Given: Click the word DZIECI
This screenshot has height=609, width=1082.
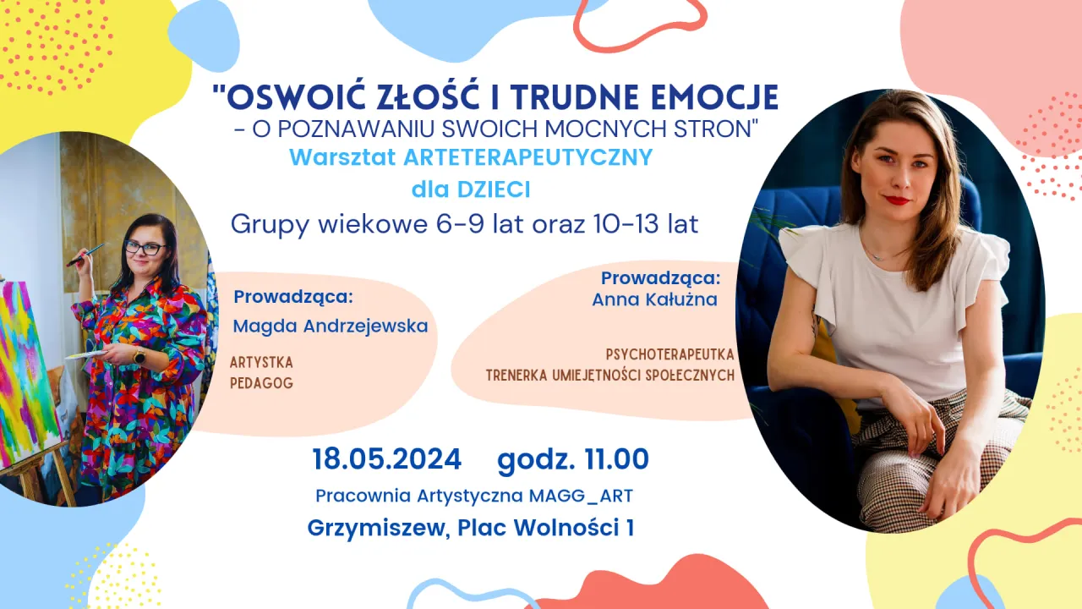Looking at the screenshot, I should pos(495,190).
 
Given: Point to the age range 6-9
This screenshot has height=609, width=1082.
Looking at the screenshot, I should pos(440,225).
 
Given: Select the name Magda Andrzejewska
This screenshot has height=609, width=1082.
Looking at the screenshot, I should pos(331,326).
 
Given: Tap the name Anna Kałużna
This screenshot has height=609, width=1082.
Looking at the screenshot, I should pos(654,299).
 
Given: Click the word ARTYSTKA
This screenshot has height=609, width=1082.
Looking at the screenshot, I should pos(261,362).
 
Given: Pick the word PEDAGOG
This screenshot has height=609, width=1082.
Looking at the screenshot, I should pos(261,383).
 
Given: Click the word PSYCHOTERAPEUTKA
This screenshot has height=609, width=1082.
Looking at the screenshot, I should pos(669,354).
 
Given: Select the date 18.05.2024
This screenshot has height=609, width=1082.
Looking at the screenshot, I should pos(386,459).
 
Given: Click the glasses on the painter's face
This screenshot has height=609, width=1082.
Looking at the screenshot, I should pos(145,248).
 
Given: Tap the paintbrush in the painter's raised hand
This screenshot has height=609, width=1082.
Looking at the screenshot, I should pos(86,255).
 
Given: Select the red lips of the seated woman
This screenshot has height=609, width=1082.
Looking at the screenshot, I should pos(896,200).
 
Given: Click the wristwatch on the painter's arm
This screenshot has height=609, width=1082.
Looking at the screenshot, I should pos(139,356).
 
